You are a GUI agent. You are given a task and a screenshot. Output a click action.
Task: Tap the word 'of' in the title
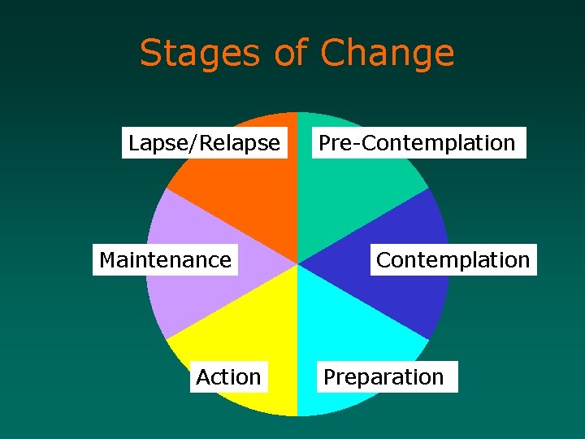coord(291,54)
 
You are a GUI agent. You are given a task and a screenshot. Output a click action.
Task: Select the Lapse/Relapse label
coord(204,143)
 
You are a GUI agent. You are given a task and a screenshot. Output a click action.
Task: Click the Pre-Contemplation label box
coord(417,143)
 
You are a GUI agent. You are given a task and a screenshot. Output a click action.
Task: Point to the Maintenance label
coord(165,260)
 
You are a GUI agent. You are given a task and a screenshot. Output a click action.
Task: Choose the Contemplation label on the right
coord(453,260)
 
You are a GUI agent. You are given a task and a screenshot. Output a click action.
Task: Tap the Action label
coord(228,377)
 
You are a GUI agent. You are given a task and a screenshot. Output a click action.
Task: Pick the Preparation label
coord(383,377)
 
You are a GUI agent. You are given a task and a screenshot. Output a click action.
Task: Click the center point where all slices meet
coord(297,264)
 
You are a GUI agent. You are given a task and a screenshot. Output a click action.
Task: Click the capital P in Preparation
coord(330,377)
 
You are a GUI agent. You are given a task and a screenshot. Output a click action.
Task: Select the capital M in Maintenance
coord(106,260)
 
